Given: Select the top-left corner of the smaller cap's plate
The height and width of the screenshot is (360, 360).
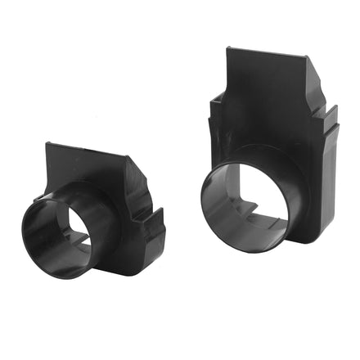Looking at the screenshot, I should [47, 146].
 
